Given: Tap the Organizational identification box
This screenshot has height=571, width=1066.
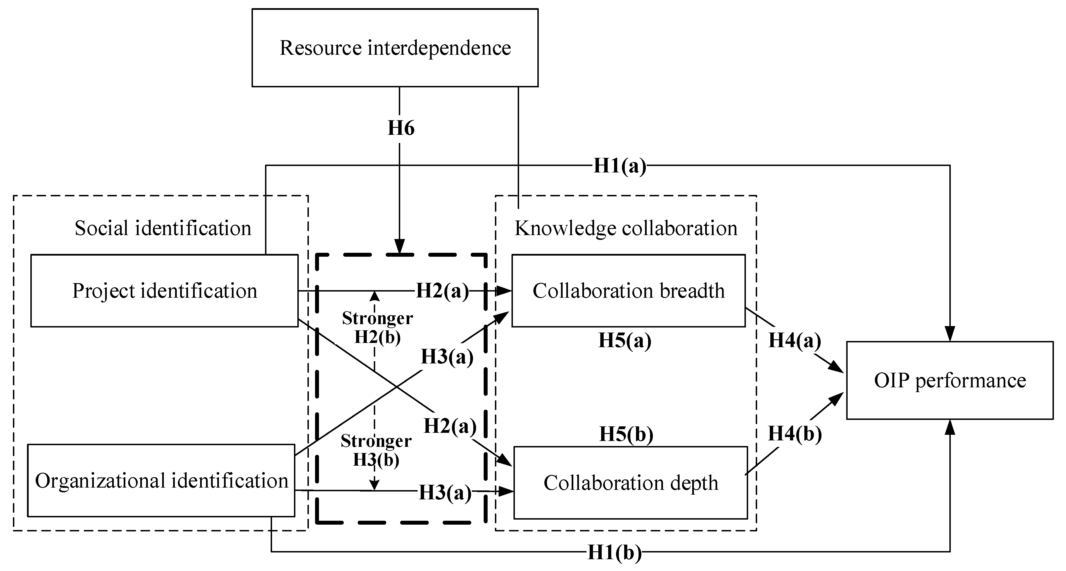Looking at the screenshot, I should point(161,481).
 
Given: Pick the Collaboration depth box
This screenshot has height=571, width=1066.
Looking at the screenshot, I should point(630,483).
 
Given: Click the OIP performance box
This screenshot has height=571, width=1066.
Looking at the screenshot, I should point(949,380).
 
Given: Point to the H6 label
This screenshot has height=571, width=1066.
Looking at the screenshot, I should point(400,128).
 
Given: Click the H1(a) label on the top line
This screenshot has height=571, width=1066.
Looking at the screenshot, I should point(619,166).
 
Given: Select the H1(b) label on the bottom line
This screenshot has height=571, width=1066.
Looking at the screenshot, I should point(615,552).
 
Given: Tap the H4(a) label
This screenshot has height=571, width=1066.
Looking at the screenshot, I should point(795,341).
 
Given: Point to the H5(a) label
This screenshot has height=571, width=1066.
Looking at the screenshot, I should point(625,341).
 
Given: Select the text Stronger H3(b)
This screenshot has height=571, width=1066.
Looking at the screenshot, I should point(376,450).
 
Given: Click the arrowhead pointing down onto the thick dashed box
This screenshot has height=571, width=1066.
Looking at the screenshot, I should point(399,247).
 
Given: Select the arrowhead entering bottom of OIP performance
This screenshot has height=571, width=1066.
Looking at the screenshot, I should point(950,427).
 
